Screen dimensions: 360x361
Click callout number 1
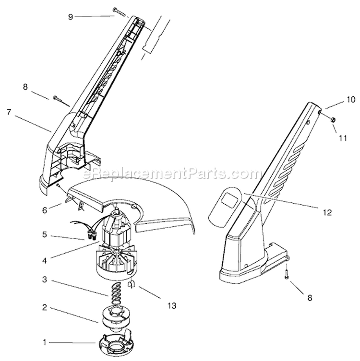45,342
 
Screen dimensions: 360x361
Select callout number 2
45,308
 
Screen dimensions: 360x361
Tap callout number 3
45,280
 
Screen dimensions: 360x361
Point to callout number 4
45,260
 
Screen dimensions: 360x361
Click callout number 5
45,235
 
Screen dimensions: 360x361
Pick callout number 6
45,210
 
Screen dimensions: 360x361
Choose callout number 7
9,113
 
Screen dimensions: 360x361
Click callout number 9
71,17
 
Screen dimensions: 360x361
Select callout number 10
351,100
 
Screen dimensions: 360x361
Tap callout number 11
343,138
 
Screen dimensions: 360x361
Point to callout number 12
327,212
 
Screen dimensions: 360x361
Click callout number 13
172,305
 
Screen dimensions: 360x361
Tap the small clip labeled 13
131,285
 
